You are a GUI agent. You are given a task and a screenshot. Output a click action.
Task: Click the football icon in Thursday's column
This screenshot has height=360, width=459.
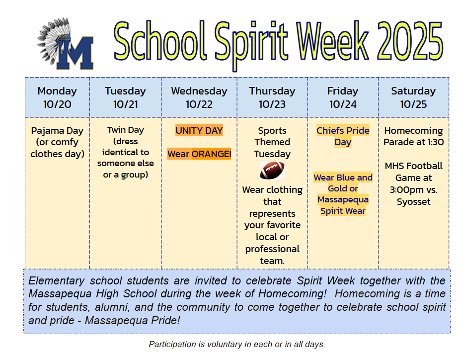pos(272,171)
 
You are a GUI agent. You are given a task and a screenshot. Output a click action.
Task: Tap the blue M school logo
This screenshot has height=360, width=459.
pos(75,53)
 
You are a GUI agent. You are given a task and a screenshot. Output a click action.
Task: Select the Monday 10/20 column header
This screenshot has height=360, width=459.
pos(58,97)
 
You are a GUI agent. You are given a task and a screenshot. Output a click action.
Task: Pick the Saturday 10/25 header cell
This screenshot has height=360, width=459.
pos(413,97)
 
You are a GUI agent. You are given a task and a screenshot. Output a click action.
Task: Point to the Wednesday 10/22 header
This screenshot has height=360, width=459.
pos(199,97)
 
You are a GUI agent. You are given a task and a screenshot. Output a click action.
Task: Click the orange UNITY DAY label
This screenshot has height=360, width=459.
pos(199,130)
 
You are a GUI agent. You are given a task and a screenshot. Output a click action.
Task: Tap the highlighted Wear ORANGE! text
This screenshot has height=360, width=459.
pos(199,154)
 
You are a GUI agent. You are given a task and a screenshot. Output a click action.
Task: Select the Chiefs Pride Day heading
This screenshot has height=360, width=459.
pos(343,136)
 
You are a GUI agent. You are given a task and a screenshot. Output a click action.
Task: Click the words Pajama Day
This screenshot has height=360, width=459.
pos(58,131)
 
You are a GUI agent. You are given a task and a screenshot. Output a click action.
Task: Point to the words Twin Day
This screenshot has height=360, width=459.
pos(125,130)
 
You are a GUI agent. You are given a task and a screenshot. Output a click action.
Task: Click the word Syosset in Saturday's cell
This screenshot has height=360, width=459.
pos(413,201)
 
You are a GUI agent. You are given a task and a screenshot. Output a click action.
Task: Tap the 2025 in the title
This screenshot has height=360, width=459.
pos(410,41)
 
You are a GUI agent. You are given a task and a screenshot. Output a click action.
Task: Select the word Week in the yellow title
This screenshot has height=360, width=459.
pos(332,40)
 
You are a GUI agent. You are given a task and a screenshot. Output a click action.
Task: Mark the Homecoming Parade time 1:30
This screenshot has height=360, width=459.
pos(436,142)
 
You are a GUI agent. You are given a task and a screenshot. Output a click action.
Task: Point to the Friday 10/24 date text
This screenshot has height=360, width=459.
pos(343,104)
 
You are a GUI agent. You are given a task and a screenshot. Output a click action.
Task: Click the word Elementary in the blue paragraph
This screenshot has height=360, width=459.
pos(57,281)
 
